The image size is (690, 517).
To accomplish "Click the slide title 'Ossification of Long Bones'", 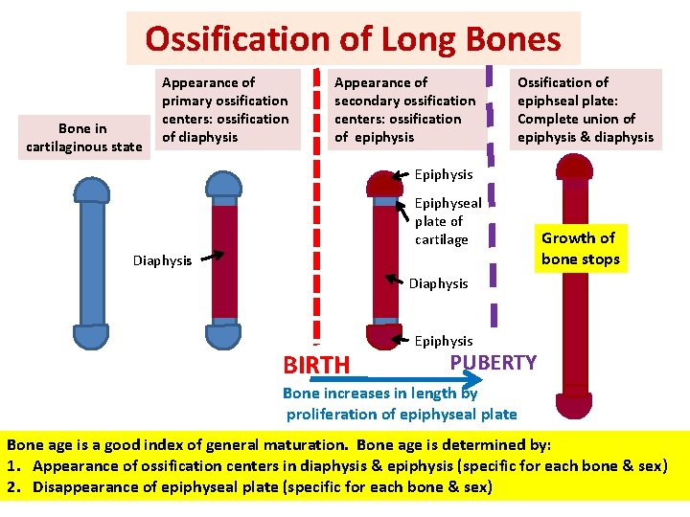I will pyautogui.click(x=353, y=38).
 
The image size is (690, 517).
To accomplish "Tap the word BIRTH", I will pyautogui.click(x=316, y=366).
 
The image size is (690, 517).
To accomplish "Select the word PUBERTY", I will pyautogui.click(x=494, y=362).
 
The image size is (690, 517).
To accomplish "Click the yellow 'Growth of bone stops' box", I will pyautogui.click(x=580, y=249).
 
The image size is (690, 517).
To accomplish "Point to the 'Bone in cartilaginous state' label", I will pyautogui.click(x=82, y=137).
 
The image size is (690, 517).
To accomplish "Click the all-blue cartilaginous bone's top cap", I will pyautogui.click(x=92, y=190).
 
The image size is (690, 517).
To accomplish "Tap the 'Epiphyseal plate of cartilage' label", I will pyautogui.click(x=447, y=221).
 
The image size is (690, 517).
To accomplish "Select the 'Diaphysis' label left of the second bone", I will pyautogui.click(x=162, y=260).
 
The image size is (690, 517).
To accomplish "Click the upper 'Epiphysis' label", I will pyautogui.click(x=443, y=174).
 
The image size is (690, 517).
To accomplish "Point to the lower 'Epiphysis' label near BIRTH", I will pyautogui.click(x=443, y=341).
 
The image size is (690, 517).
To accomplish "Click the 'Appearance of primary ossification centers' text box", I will pyautogui.click(x=225, y=109).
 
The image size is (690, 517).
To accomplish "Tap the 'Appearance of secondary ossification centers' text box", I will pyautogui.click(x=404, y=109).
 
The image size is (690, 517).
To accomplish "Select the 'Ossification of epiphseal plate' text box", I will pyautogui.click(x=585, y=109).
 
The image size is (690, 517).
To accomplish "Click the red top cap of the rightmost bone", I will pyautogui.click(x=575, y=169).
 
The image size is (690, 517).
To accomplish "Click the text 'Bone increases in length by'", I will pyautogui.click(x=379, y=393).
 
